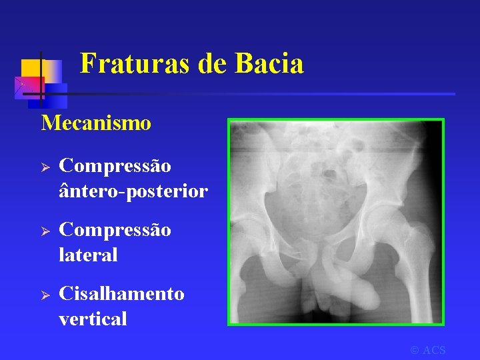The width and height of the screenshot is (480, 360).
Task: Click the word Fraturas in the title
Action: (134, 64)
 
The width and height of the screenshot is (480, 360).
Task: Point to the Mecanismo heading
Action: (96, 123)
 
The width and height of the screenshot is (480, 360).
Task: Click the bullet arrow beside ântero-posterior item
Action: (47, 165)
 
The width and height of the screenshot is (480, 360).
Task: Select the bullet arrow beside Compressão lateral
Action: (47, 230)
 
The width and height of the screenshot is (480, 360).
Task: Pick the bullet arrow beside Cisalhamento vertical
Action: (47, 295)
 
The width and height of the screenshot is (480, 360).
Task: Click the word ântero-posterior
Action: (133, 191)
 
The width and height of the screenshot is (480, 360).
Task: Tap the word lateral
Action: (88, 255)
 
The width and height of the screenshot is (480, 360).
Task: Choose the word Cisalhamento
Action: (121, 294)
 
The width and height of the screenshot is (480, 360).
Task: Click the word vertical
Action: (93, 319)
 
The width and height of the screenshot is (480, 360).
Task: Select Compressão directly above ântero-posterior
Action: (115, 165)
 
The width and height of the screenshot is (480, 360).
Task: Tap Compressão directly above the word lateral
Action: (115, 230)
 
